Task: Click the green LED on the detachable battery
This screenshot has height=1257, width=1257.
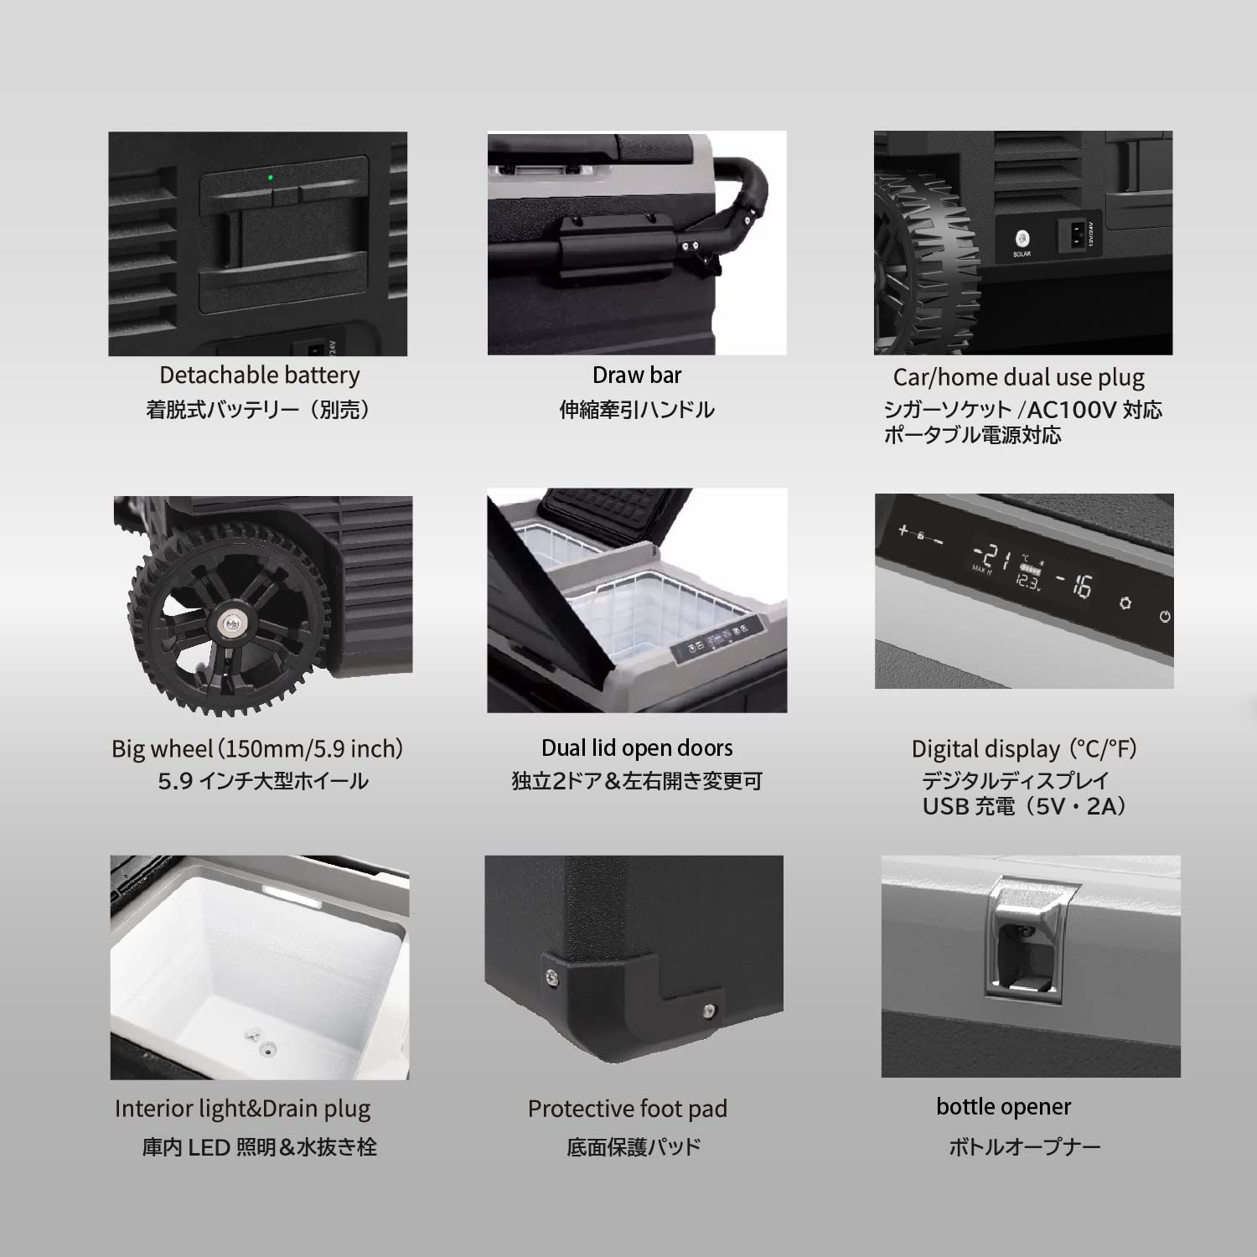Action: (270, 178)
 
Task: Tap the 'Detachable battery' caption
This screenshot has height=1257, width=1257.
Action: (260, 375)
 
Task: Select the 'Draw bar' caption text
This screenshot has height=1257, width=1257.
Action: (637, 375)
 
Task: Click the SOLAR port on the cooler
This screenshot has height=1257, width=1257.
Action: (1022, 238)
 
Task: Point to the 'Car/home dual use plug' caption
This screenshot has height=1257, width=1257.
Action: (1018, 377)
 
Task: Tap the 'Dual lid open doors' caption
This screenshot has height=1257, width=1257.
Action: (637, 747)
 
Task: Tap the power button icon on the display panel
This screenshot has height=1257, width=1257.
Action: (1164, 617)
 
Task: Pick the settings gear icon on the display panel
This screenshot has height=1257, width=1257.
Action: (1125, 603)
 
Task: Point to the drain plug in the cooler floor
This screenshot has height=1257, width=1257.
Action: (268, 1047)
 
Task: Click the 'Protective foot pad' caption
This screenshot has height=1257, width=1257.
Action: (627, 1109)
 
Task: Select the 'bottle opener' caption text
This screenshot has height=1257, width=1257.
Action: (1003, 1107)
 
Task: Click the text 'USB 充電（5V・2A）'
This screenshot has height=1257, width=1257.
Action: (1025, 806)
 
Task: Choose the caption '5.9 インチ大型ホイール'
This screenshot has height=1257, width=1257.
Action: (263, 781)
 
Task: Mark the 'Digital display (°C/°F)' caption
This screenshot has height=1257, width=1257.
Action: (1024, 748)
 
